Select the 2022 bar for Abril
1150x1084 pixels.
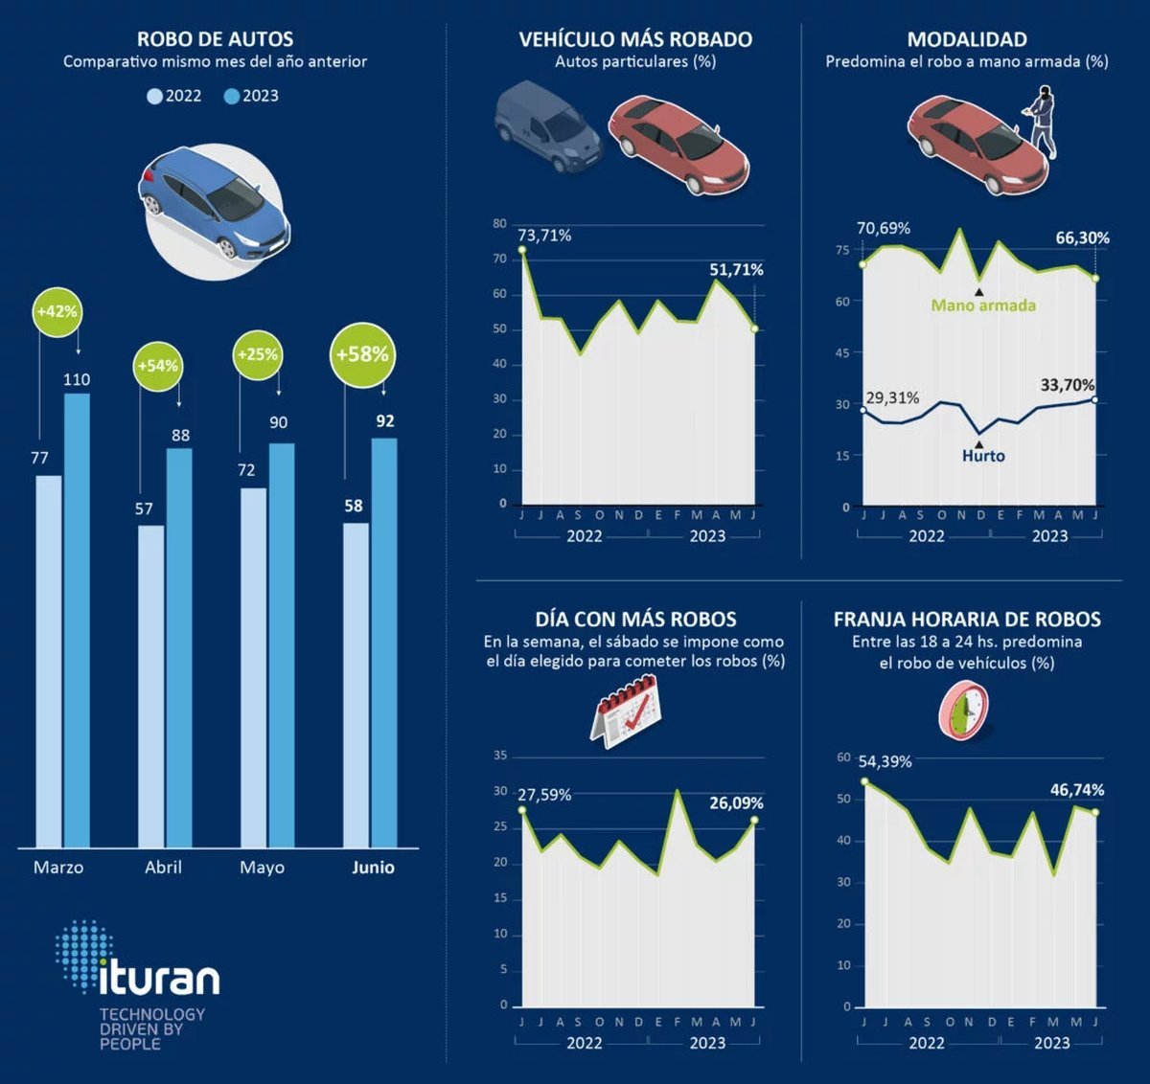pyautogui.click(x=150, y=686)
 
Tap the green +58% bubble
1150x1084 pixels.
pyautogui.click(x=361, y=354)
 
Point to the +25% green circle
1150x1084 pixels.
pyautogui.click(x=257, y=354)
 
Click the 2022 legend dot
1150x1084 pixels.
pyautogui.click(x=154, y=97)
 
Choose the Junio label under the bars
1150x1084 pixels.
pyautogui.click(x=373, y=868)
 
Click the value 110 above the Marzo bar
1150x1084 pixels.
pyautogui.click(x=77, y=380)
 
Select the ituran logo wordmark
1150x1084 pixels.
pyautogui.click(x=159, y=977)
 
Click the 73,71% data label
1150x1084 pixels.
pyautogui.click(x=544, y=236)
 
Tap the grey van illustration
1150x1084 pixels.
pyautogui.click(x=547, y=126)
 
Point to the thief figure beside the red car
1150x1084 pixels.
pyautogui.click(x=1040, y=120)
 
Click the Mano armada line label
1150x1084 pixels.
pyautogui.click(x=983, y=305)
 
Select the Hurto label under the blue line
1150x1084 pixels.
pyautogui.click(x=983, y=456)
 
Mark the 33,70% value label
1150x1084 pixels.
pyautogui.click(x=1067, y=385)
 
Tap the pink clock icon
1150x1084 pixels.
pyautogui.click(x=964, y=711)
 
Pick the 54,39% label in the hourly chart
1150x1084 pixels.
pyautogui.click(x=885, y=762)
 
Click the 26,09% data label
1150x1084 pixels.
pyautogui.click(x=736, y=803)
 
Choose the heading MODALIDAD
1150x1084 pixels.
pyautogui.click(x=966, y=39)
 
